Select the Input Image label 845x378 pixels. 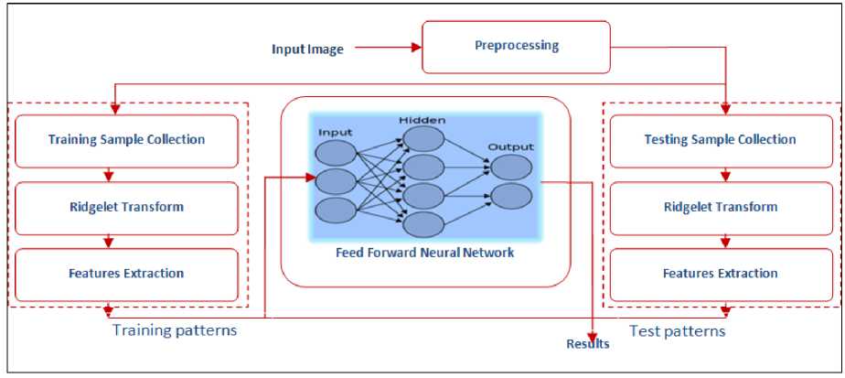(x=307, y=49)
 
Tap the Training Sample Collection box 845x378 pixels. (x=126, y=140)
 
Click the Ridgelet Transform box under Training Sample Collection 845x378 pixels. (x=126, y=207)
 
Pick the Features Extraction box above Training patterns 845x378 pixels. (x=126, y=274)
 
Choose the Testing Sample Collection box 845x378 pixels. (x=721, y=140)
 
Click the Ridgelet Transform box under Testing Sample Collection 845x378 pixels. (x=721, y=207)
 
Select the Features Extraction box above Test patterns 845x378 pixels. (x=721, y=274)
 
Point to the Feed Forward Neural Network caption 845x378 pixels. (x=423, y=253)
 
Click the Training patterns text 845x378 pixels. (x=174, y=330)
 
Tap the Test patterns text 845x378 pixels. (x=678, y=330)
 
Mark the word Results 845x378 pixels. (x=587, y=345)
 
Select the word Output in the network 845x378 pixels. (x=510, y=146)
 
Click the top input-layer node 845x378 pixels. (x=336, y=152)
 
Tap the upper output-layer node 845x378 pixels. (x=510, y=167)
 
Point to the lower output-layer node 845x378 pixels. (x=510, y=197)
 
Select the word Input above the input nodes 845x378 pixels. (x=335, y=133)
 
